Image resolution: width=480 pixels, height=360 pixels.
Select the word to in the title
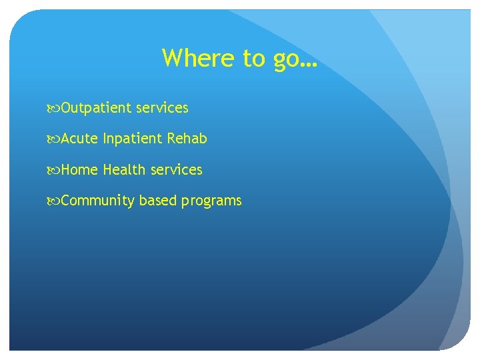click(x=253, y=59)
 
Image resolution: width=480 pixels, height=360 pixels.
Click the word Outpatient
click(x=97, y=108)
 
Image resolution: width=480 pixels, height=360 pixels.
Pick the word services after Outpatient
click(x=162, y=108)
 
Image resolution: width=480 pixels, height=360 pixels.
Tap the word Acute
click(x=80, y=139)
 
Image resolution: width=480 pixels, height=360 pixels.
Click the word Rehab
click(x=187, y=139)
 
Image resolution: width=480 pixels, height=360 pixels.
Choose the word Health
click(x=124, y=170)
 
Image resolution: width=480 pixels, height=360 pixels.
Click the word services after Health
click(x=176, y=170)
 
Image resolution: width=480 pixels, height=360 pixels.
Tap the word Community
click(x=98, y=201)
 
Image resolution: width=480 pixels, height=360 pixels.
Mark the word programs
click(x=211, y=201)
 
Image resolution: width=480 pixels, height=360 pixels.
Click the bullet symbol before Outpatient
click(x=54, y=108)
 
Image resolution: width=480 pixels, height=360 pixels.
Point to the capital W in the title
click(x=173, y=58)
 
